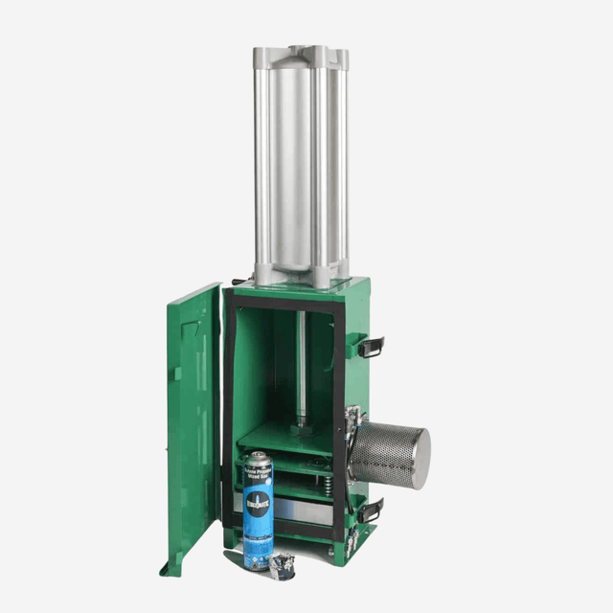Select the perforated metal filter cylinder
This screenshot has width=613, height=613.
pos(388,451)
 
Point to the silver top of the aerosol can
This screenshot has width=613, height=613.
pos(256,458)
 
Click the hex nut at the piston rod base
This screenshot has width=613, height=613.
pos(301,419)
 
